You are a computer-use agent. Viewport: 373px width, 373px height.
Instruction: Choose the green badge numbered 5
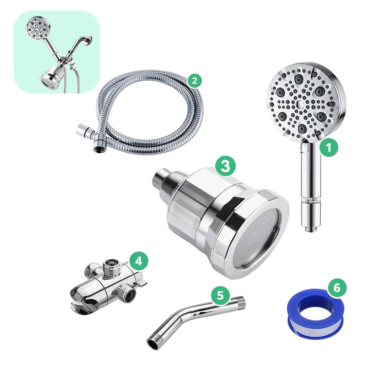[220, 295]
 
